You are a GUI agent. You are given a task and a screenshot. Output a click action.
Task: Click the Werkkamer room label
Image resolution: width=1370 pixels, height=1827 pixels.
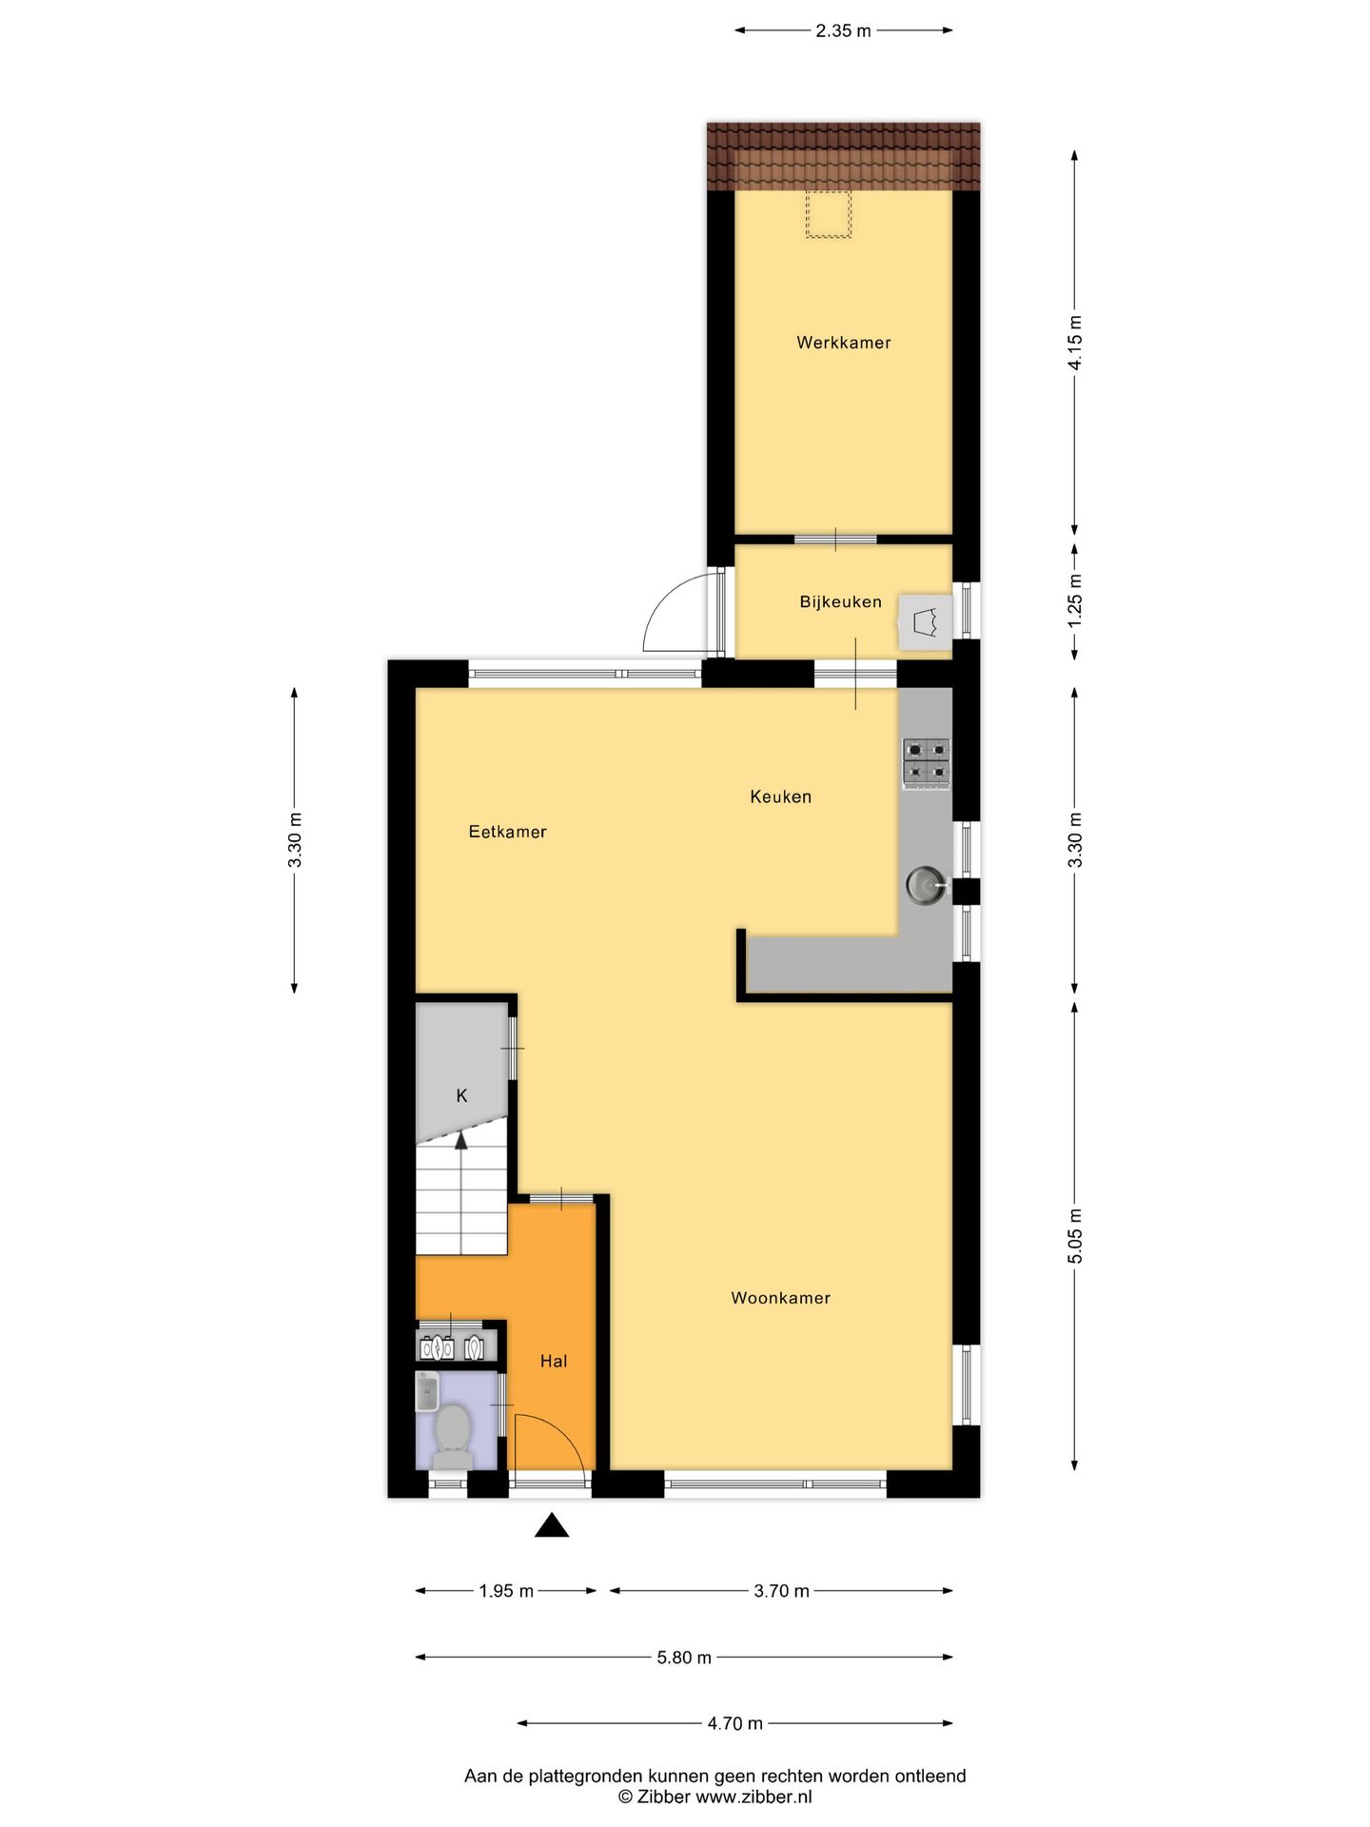pos(843,343)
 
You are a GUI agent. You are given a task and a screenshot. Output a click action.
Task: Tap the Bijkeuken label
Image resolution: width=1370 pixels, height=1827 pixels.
pos(840,601)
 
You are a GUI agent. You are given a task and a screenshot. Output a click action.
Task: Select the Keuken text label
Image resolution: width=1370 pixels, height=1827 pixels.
pos(780,796)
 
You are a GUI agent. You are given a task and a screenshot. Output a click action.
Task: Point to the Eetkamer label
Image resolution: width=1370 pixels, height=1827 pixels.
pos(507,832)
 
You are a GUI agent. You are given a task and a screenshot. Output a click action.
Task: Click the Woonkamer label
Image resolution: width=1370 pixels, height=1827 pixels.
pos(780,1298)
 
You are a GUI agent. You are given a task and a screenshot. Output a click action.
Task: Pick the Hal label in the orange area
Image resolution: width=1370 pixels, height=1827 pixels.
pos(553,1362)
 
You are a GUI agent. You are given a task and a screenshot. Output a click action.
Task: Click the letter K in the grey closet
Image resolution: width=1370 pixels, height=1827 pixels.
pos(461,1096)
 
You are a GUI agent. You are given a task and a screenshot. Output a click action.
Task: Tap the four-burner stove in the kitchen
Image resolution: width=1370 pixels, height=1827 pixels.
pos(926,763)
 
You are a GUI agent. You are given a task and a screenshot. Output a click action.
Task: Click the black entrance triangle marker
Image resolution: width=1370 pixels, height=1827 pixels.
pos(551,1526)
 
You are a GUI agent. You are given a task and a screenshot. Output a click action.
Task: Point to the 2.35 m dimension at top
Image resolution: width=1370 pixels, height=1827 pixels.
pos(843,30)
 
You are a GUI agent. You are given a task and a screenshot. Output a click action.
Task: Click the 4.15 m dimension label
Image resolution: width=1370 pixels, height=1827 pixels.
pos(1075,343)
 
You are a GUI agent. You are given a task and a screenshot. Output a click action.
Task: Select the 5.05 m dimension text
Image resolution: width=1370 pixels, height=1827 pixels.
pos(1075,1236)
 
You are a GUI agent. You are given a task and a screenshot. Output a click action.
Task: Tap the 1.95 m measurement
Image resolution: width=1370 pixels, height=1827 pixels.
pos(506,1591)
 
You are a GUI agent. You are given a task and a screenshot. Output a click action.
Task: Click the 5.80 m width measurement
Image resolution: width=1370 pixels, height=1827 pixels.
pos(684,1658)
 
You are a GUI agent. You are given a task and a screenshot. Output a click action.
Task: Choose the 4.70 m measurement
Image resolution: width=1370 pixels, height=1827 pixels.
pos(734,1723)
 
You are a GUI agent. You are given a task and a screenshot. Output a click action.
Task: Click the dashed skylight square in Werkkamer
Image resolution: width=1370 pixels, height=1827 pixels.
pos(828,214)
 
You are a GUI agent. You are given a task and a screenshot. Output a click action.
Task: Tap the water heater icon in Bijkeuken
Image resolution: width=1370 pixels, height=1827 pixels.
pos(925,623)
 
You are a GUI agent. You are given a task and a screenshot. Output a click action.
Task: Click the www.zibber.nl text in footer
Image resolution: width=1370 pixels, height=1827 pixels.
pos(753,1797)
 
